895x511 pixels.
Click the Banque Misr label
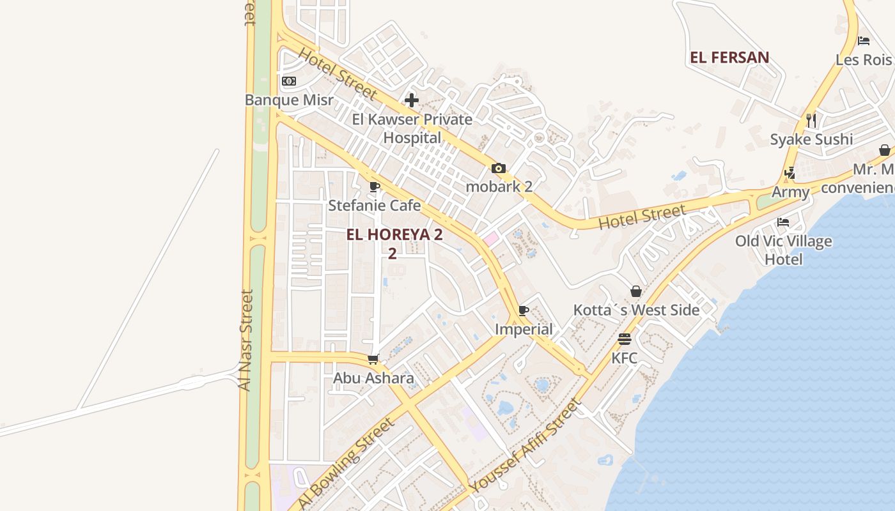point(289,100)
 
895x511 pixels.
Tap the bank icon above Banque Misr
point(289,81)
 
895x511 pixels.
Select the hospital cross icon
point(412,100)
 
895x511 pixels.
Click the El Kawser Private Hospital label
point(412,128)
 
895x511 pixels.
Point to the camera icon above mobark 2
point(499,169)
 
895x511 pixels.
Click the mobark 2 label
point(499,187)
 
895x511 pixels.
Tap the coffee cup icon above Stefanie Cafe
point(375,187)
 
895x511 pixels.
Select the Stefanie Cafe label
point(375,205)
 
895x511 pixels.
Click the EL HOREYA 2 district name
point(394,235)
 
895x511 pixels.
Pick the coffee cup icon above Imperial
point(524,311)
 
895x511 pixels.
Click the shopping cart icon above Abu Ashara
point(373,360)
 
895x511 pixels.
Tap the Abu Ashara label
point(373,378)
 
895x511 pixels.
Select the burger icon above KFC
point(625,339)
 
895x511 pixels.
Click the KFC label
point(625,358)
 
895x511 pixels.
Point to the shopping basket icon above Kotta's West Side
point(636,291)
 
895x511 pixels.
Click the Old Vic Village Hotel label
point(783,250)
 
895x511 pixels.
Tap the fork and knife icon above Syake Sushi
point(811,120)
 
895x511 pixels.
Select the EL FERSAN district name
point(729,57)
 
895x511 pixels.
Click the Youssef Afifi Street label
point(525,446)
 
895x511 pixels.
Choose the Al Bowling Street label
point(345,463)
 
